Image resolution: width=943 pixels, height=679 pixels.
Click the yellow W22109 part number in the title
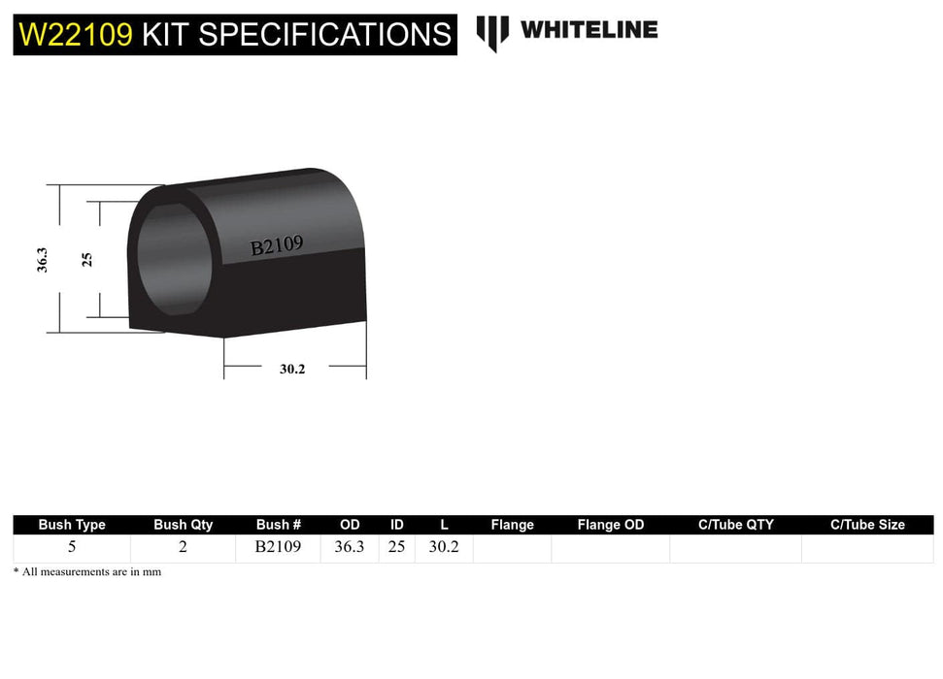click(76, 35)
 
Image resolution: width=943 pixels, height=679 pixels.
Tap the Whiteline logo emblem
click(492, 32)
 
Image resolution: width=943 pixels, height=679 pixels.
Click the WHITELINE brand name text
click(589, 30)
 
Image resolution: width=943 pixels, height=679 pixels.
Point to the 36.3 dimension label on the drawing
click(43, 259)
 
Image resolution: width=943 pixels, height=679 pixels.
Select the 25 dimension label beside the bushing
click(86, 259)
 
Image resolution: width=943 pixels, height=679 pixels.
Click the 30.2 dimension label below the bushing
click(292, 369)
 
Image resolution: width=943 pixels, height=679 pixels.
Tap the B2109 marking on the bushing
click(277, 246)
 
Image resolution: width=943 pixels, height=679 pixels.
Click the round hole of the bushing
click(173, 258)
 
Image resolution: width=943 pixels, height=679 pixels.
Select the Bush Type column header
click(72, 525)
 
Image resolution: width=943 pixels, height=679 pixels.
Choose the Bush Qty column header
click(183, 525)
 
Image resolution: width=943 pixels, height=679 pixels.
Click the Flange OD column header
click(610, 525)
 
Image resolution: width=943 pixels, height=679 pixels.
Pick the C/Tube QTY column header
click(735, 525)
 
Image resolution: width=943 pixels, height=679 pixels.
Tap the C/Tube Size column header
click(867, 525)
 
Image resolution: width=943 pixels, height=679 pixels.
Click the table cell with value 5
click(72, 547)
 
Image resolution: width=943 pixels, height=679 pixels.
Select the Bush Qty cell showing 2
click(183, 547)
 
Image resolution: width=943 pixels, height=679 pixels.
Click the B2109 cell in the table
click(278, 547)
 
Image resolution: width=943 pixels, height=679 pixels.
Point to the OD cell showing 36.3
click(350, 547)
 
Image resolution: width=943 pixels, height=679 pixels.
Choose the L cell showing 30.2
click(444, 547)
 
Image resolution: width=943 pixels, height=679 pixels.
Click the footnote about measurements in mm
click(87, 572)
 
